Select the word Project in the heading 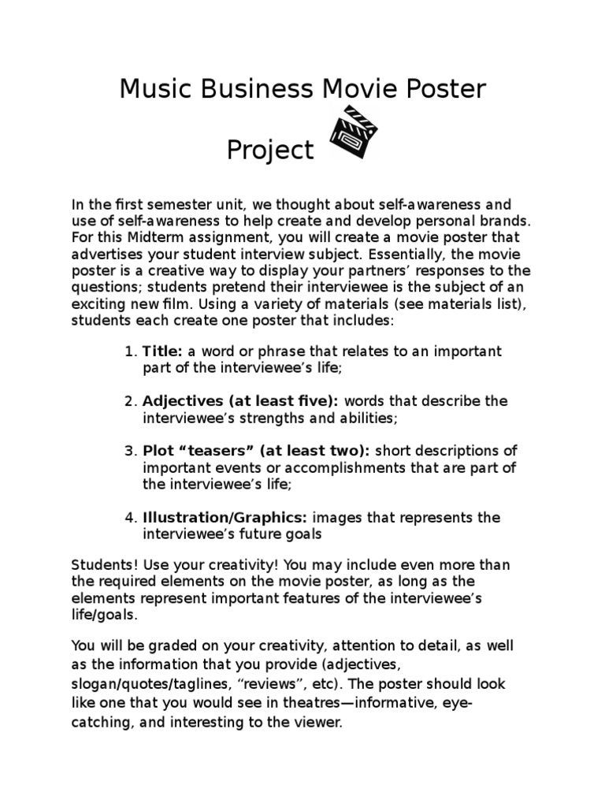pos(270,150)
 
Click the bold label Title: pos(163,351)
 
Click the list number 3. pos(130,452)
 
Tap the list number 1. pos(130,351)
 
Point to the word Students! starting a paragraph pos(102,565)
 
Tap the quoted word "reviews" pos(262,683)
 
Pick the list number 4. pos(130,518)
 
